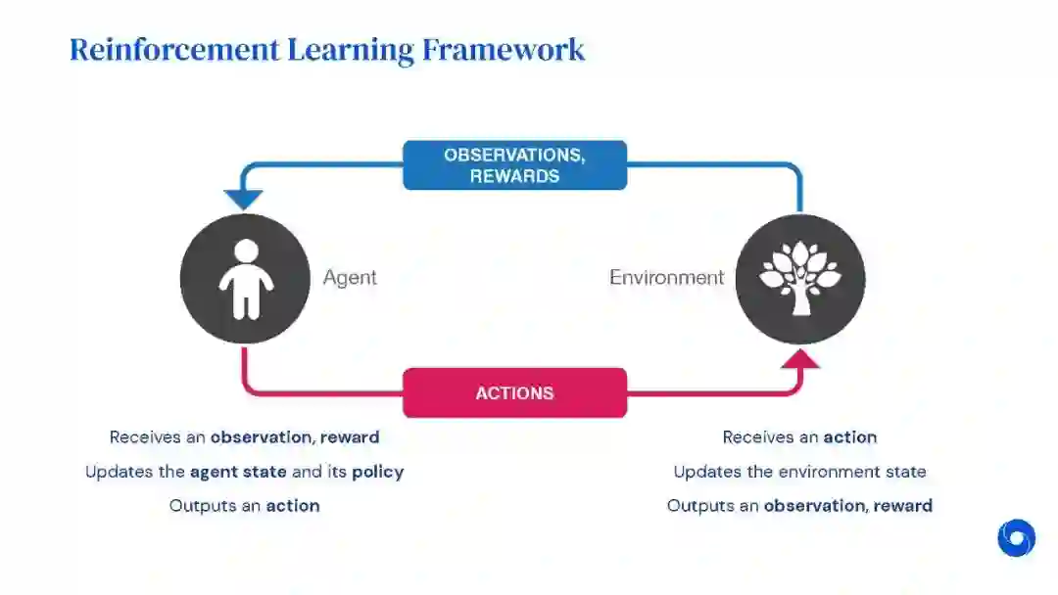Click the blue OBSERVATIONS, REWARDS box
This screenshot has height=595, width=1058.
(x=514, y=165)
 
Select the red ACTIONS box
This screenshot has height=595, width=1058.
(x=514, y=392)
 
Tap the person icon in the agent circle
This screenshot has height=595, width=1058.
(x=246, y=279)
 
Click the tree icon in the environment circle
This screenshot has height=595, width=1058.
(x=800, y=278)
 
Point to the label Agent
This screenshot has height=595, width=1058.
(x=350, y=277)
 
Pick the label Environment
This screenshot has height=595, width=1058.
(x=666, y=277)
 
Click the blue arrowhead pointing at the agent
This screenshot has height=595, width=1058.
(x=241, y=200)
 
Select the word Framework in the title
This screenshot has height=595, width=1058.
(x=504, y=49)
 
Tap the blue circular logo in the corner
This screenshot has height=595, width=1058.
(x=1016, y=537)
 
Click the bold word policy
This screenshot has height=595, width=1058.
(x=378, y=472)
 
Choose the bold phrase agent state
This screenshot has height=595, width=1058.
(x=238, y=472)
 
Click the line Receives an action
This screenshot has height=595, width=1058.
(x=799, y=437)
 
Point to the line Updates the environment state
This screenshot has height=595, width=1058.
(x=799, y=472)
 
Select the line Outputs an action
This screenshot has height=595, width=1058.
(x=244, y=506)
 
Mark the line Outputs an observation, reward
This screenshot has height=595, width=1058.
(x=799, y=506)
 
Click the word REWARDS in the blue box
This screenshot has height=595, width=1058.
(x=514, y=177)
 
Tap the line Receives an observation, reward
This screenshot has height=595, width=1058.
(x=244, y=437)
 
